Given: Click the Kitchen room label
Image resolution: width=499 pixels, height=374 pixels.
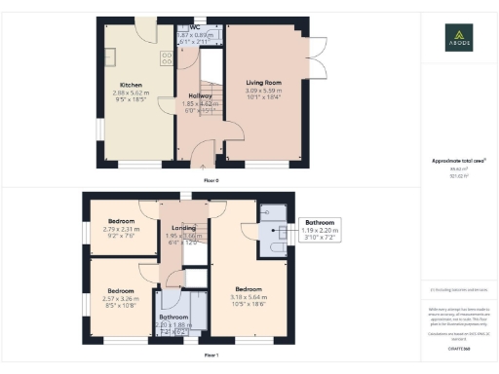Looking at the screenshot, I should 131,85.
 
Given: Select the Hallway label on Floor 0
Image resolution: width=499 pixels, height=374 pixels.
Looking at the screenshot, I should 200,95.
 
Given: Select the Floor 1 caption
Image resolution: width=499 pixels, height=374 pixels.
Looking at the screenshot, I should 211,356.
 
